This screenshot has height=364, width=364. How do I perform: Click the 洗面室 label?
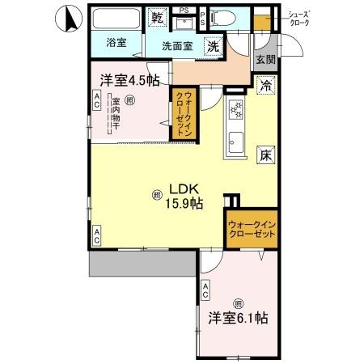point(176,46)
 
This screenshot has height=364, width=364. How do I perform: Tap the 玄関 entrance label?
point(265,58)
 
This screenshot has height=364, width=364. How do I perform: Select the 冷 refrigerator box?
point(265,83)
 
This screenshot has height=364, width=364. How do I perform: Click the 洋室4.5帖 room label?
point(129,79)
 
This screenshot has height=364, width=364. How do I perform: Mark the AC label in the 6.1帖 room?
point(206,291)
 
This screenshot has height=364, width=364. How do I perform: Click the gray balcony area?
point(142,262)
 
